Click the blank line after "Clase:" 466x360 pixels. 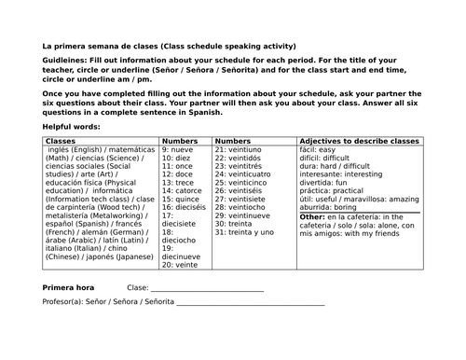pyautogui.click(x=206, y=290)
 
